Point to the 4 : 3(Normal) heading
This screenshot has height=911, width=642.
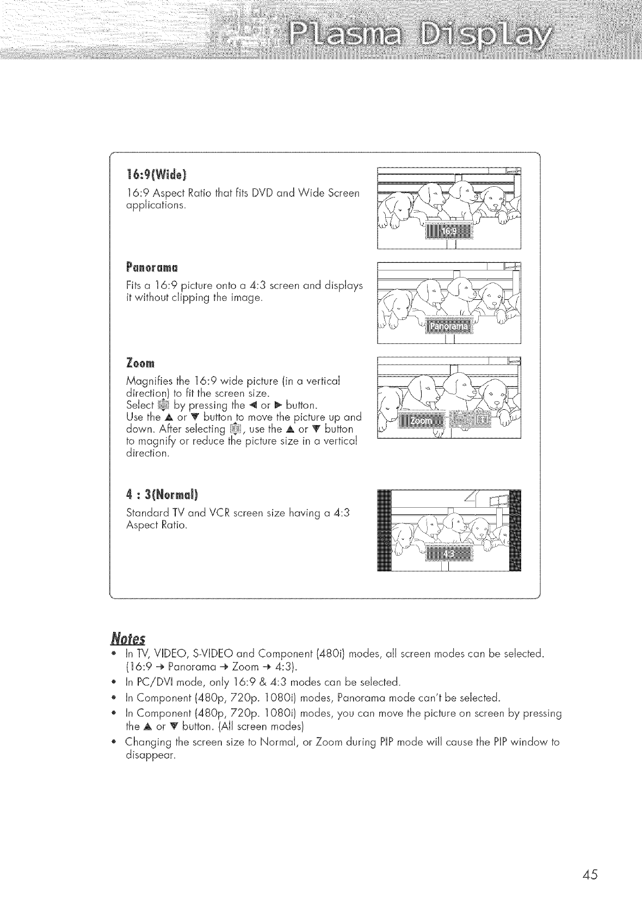(x=161, y=495)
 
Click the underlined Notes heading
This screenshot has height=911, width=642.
(x=125, y=637)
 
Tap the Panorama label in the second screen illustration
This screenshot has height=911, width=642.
(x=448, y=326)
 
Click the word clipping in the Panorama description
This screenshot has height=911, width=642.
(x=204, y=297)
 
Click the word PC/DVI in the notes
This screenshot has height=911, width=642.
(x=156, y=682)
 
